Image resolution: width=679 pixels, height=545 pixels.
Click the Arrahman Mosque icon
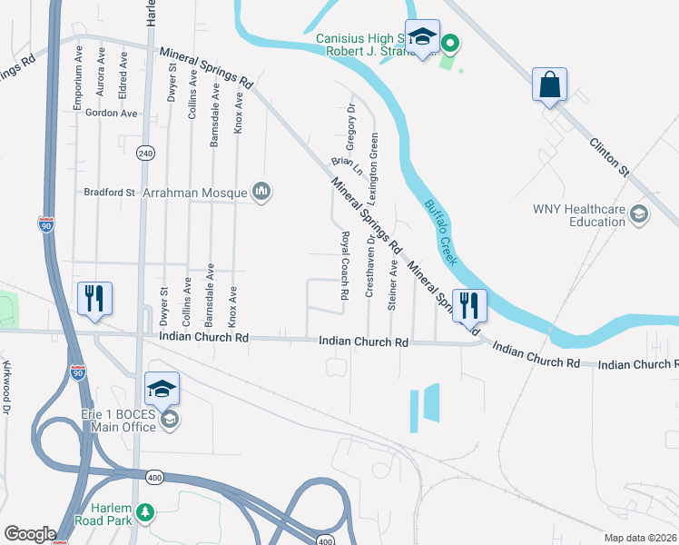click(x=262, y=192)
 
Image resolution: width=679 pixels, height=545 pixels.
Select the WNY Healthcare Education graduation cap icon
click(x=638, y=214)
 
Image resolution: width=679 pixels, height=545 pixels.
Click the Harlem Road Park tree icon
click(x=145, y=516)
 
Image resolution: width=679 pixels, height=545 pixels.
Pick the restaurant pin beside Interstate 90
click(x=95, y=299)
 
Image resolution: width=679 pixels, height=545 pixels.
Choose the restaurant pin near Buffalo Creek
click(x=468, y=305)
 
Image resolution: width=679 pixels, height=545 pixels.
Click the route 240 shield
click(x=146, y=154)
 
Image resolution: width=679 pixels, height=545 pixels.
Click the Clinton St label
click(x=609, y=156)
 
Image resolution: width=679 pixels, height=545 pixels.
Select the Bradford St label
click(x=109, y=193)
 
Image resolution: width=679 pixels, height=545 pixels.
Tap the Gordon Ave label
click(x=111, y=114)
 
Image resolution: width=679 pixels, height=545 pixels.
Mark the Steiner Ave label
click(x=393, y=286)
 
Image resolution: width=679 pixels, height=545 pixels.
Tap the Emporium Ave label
click(x=78, y=78)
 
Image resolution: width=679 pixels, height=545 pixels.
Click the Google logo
click(x=30, y=534)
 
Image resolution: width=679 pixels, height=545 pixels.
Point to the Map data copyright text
click(x=639, y=538)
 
